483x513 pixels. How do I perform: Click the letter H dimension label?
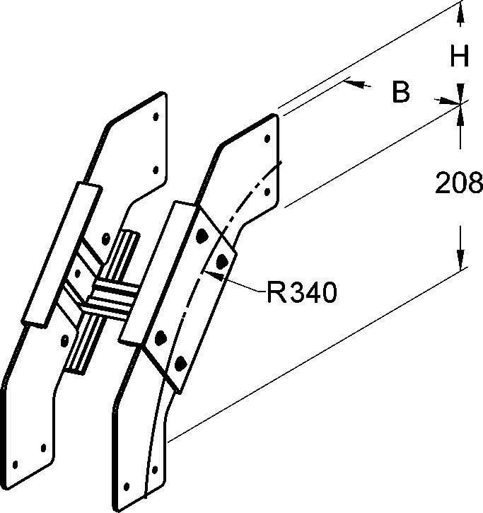click(x=460, y=56)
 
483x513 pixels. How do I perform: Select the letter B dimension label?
click(x=401, y=92)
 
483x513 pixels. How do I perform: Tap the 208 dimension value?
click(x=458, y=184)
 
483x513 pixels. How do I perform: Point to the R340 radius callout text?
click(x=300, y=291)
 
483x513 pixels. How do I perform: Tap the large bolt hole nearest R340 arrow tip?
click(x=223, y=261)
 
